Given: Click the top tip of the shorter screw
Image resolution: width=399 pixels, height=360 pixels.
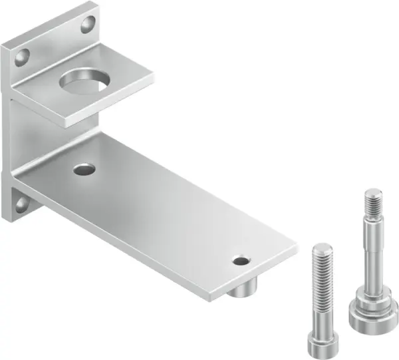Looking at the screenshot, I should (321, 248).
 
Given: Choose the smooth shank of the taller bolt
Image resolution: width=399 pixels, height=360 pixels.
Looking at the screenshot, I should (370, 253).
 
